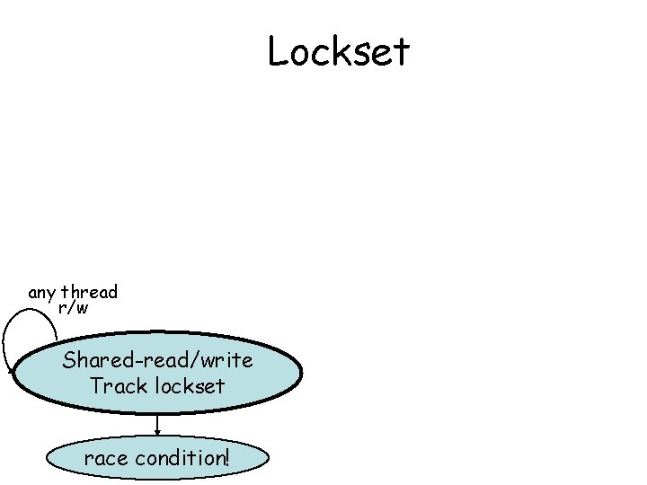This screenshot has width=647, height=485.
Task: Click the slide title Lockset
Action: click(338, 51)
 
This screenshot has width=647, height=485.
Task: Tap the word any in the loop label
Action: click(42, 293)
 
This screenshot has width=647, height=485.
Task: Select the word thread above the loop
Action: click(89, 292)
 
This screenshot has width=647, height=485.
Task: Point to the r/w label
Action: click(73, 308)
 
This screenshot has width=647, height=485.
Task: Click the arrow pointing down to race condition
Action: click(158, 425)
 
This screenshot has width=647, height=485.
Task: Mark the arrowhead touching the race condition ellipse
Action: click(158, 436)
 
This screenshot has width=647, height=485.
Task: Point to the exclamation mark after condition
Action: click(228, 458)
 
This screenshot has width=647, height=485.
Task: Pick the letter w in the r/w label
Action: click(83, 309)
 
